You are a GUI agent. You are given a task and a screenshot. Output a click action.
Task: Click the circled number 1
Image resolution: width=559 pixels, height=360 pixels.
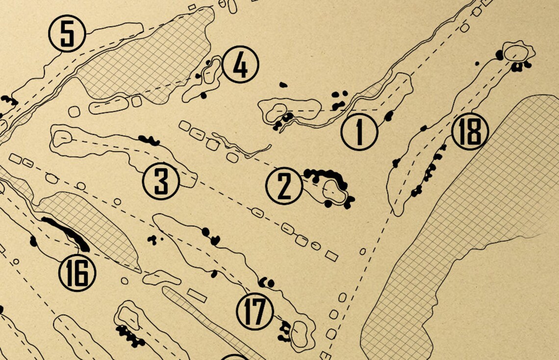(359, 131)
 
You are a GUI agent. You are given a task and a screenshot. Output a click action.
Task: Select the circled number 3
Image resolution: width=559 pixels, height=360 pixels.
(161, 181)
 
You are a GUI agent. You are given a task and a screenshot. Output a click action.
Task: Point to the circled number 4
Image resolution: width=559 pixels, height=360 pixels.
(240, 65)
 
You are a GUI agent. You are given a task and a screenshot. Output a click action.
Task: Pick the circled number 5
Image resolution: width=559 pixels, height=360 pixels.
(67, 34)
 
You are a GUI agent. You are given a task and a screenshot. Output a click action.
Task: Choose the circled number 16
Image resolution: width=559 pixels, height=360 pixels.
(77, 273)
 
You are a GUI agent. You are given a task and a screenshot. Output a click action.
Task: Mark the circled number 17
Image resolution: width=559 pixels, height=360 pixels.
(254, 311)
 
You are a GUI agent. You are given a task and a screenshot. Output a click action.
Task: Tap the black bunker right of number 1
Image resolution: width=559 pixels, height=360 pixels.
(389, 116)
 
